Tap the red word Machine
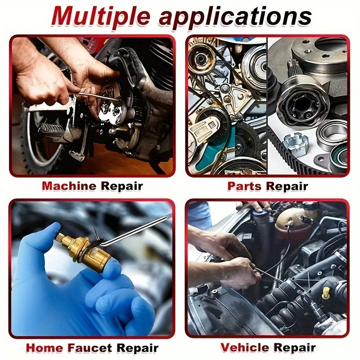point(68,185)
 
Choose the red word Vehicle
point(246,347)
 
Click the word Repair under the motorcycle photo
point(121,185)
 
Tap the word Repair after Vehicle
point(295,347)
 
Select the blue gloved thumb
point(43,245)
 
